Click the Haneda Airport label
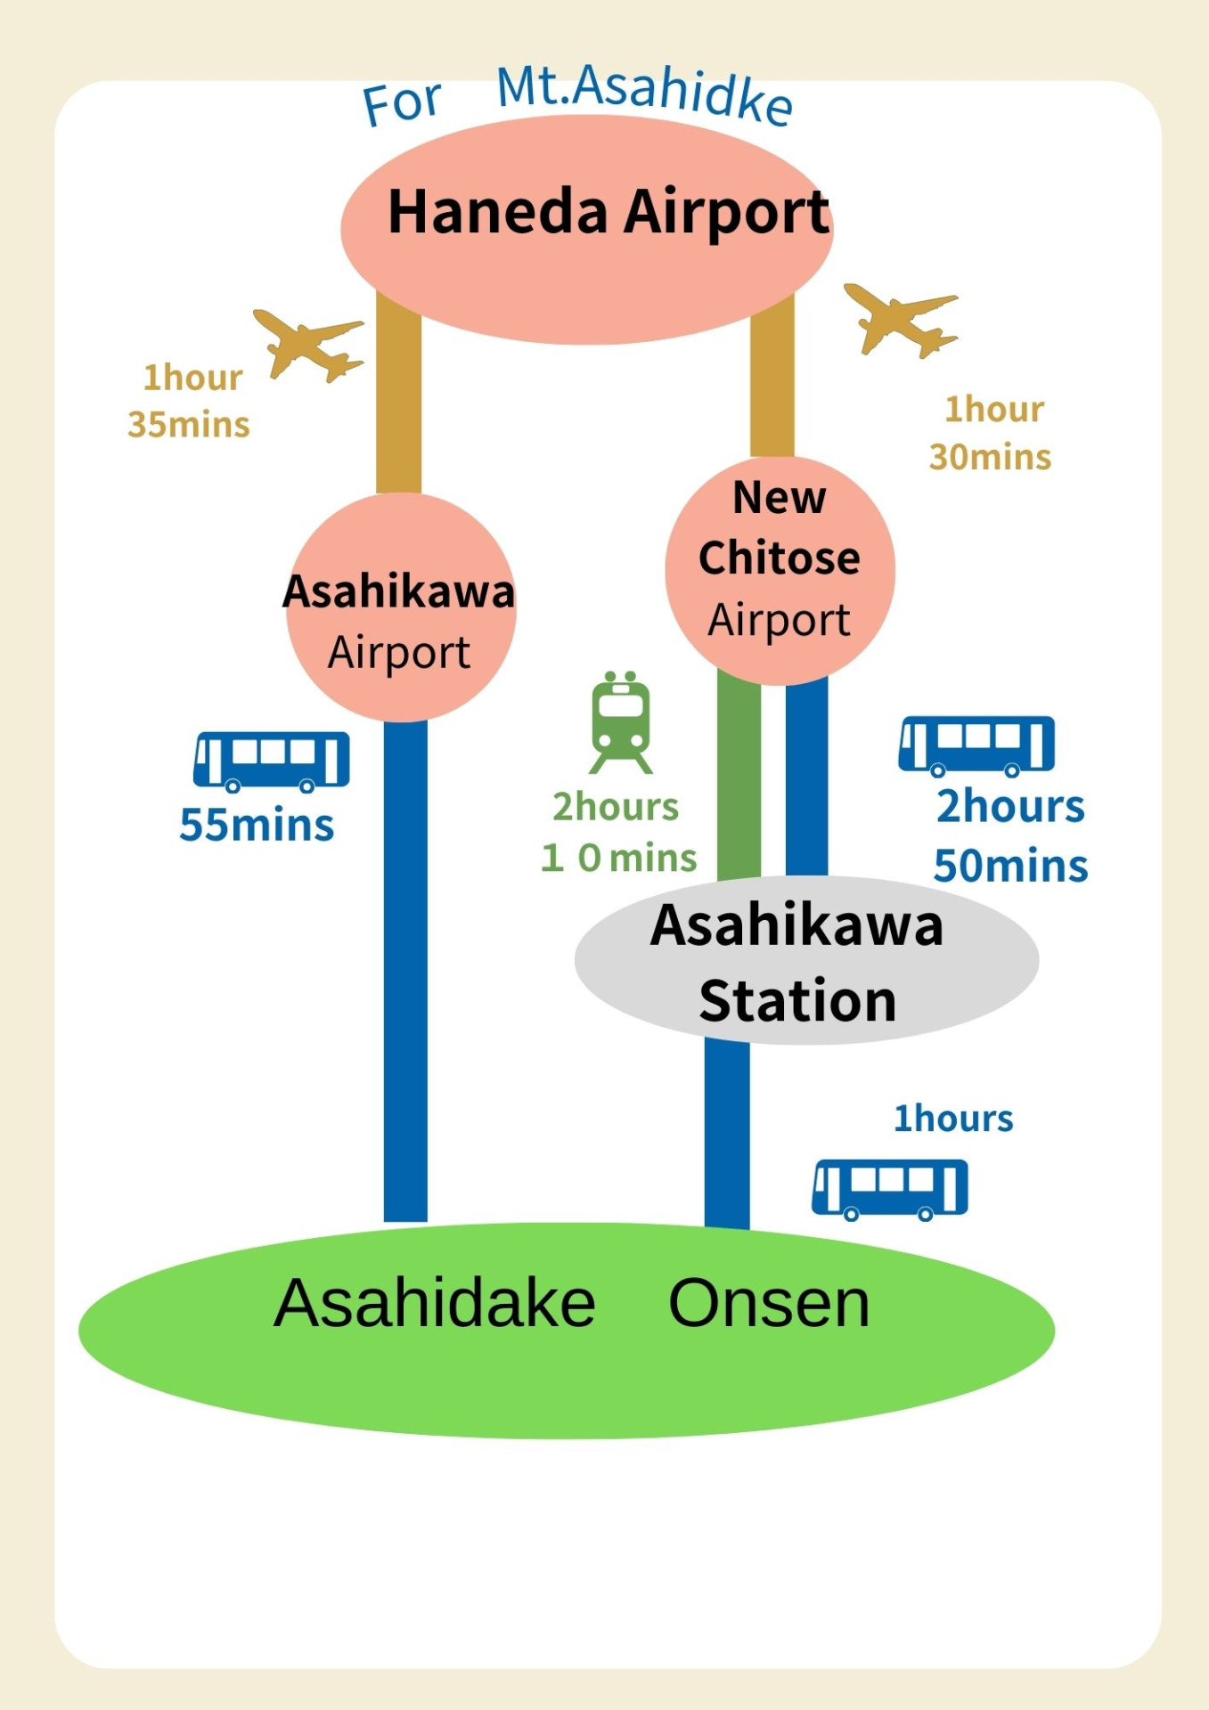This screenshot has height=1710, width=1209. click(609, 213)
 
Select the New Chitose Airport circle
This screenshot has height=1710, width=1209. click(780, 570)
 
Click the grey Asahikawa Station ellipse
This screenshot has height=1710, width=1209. click(806, 960)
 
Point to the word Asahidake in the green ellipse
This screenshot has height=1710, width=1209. click(435, 1304)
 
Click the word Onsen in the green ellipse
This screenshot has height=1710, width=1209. click(769, 1304)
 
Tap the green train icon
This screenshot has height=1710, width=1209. click(621, 722)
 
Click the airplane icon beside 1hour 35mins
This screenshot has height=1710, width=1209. click(308, 343)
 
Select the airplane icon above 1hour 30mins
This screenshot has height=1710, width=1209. click(901, 319)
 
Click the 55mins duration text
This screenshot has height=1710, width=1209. click(257, 825)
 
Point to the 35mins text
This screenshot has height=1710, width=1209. click(189, 425)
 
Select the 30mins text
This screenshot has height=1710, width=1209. click(990, 457)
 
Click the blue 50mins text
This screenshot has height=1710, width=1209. click(1010, 866)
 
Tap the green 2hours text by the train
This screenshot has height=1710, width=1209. click(616, 807)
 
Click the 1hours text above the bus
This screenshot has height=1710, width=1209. click(953, 1119)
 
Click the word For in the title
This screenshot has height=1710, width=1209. click(402, 102)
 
